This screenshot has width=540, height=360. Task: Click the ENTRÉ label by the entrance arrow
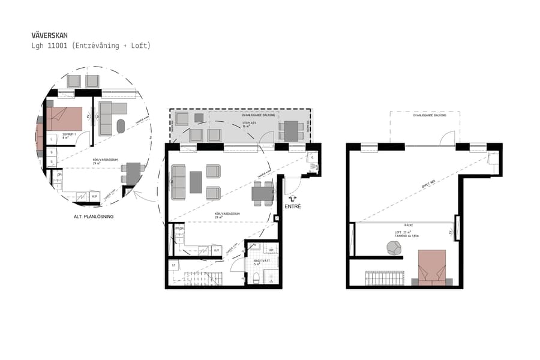(293, 207)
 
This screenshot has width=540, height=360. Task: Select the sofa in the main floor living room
(178, 182)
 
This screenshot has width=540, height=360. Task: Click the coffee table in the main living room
(196, 182)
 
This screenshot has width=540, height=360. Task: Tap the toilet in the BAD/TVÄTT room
(256, 277)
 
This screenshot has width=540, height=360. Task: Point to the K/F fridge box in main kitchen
(217, 249)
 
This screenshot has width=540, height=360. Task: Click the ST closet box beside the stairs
(173, 265)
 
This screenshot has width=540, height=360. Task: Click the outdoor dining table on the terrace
(291, 130)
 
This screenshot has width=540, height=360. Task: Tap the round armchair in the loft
(394, 248)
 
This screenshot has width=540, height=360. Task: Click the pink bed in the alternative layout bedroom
(64, 118)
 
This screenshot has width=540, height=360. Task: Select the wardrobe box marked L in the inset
(52, 139)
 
